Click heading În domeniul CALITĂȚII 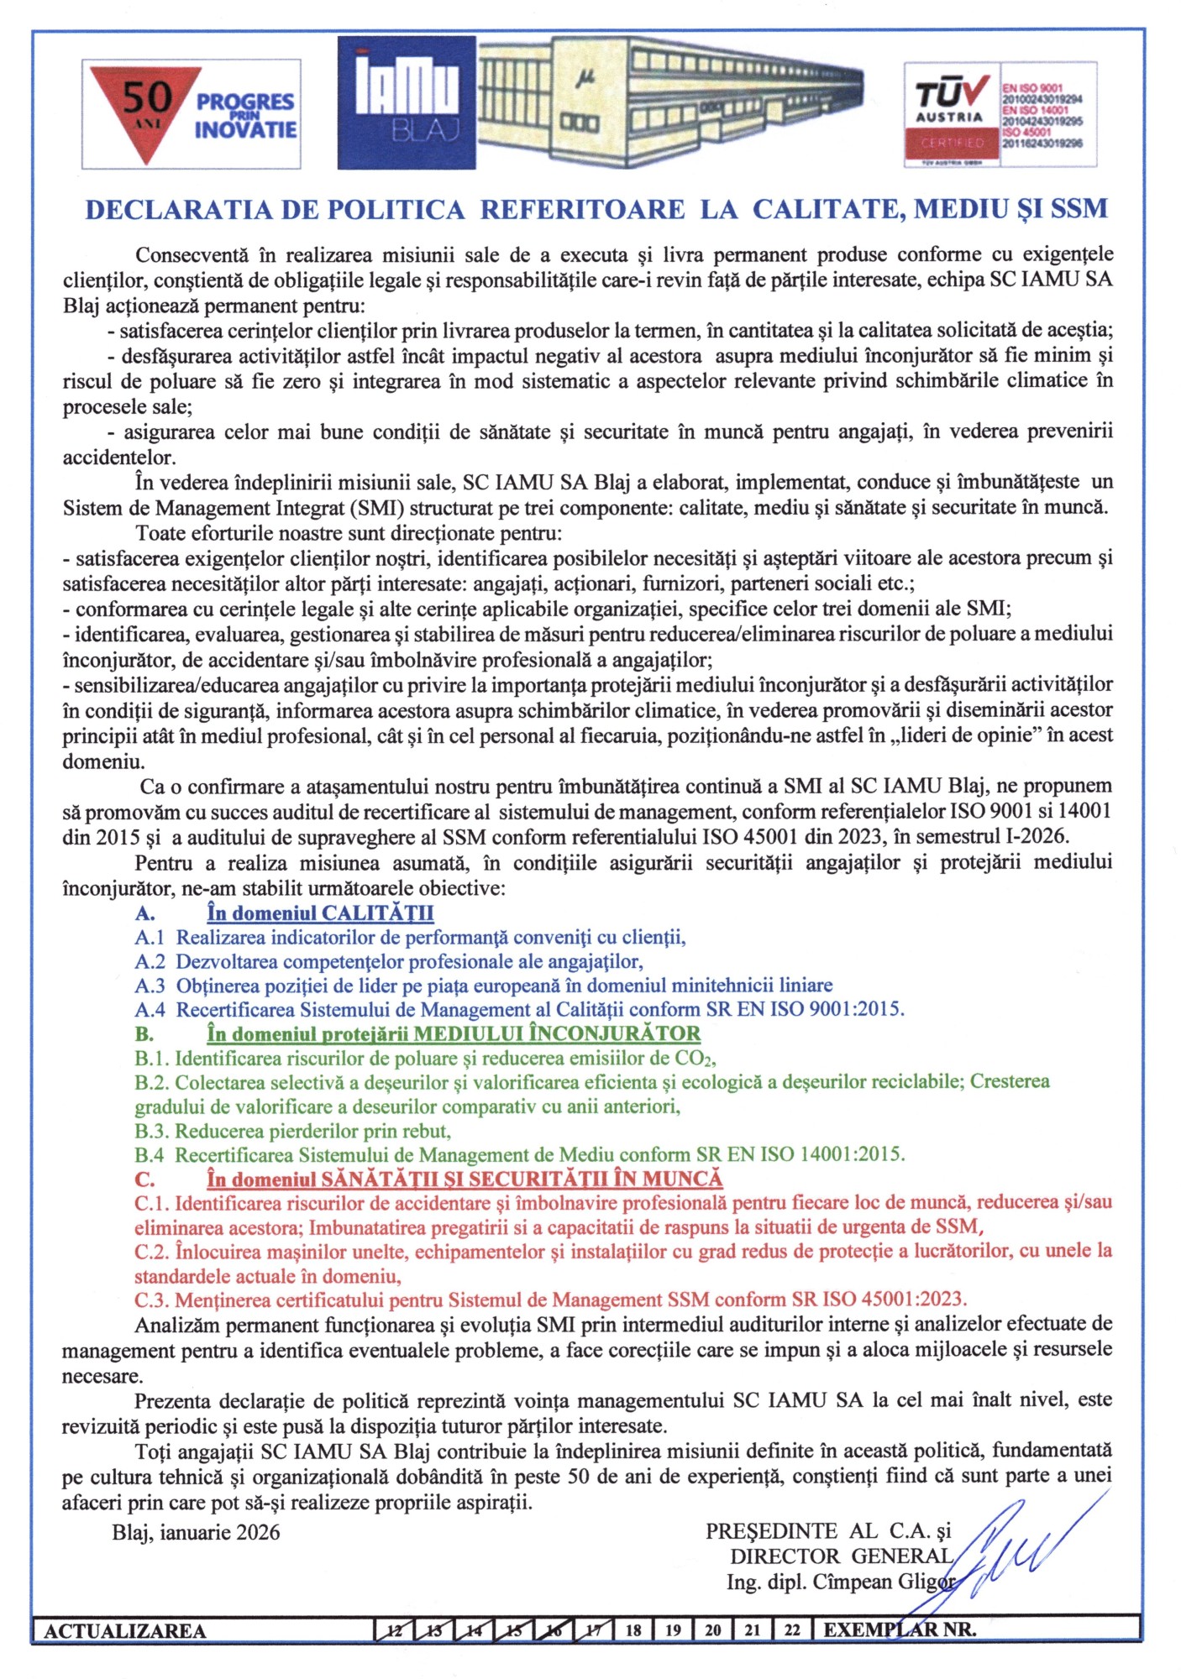pos(320,913)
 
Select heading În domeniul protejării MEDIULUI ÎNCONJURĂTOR pos(454,1033)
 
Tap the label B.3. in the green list pos(151,1131)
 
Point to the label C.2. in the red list pos(151,1252)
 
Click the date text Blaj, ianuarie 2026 pos(196,1532)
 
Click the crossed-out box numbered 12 pos(393,1630)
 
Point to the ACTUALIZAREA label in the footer pos(124,1630)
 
